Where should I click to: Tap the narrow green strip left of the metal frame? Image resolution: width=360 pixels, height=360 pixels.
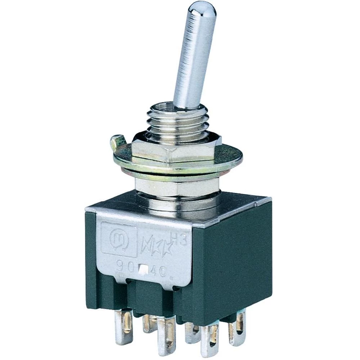point(91,259)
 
